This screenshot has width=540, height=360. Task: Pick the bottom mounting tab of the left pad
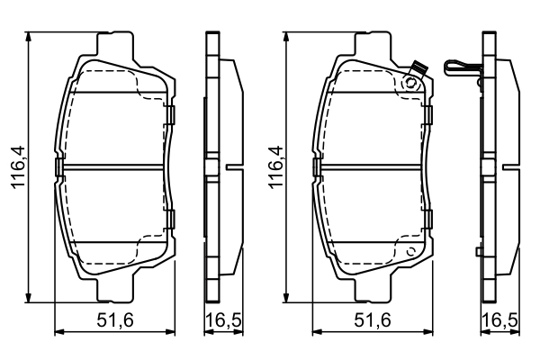click(115, 290)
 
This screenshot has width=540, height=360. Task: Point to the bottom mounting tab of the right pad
click(372, 290)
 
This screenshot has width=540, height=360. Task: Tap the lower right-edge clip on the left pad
click(169, 217)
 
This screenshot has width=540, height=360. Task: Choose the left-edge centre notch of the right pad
click(316, 167)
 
